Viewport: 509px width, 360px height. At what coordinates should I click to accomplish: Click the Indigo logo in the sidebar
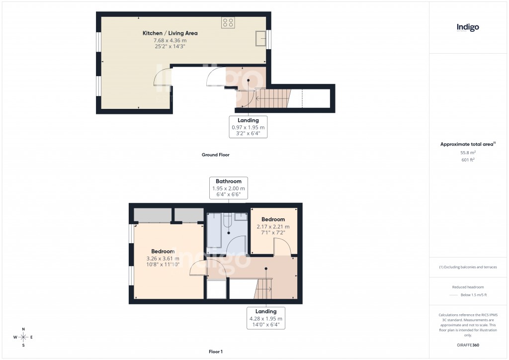coord(468,27)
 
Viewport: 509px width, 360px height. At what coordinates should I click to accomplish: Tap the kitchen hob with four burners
coord(228,22)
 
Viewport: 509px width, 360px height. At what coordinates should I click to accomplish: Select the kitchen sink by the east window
coord(260,38)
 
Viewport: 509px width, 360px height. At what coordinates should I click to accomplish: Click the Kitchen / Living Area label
coord(170,33)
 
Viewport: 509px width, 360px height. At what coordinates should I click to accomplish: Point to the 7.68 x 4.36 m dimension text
coord(170,40)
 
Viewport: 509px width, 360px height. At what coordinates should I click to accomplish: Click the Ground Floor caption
coord(215,155)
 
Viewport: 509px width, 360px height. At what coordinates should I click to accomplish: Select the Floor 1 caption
coord(215,352)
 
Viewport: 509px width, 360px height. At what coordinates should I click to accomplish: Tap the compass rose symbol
coord(23,337)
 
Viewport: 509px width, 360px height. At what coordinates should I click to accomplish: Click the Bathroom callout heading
coord(229,181)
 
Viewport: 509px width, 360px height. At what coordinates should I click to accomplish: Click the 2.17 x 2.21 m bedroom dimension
coord(273,227)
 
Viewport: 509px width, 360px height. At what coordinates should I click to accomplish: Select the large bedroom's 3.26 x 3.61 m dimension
coord(163,259)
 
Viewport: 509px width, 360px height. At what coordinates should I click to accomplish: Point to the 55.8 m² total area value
coord(467,153)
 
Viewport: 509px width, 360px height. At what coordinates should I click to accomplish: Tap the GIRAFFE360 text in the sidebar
coord(467,345)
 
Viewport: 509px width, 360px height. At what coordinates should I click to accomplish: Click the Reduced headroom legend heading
coord(467,287)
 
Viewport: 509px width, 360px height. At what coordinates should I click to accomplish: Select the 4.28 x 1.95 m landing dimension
coord(266,319)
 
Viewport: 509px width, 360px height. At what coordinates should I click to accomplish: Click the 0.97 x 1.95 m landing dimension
coord(248,127)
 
